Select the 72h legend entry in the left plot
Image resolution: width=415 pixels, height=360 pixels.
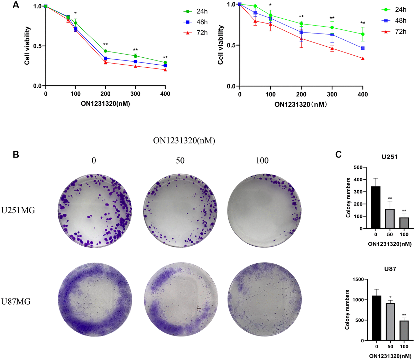tap(196, 33)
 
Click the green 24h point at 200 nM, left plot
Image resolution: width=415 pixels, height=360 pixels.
tap(105, 51)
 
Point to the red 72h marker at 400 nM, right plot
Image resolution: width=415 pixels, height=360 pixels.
tap(362, 59)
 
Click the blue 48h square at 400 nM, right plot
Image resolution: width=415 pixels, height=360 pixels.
tap(362, 48)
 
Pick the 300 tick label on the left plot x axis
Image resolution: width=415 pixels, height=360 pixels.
tap(135, 94)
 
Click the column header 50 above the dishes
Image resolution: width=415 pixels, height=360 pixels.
tap(180, 160)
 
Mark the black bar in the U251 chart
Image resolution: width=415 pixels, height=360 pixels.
tap(376, 207)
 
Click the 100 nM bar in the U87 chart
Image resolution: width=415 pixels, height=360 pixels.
tap(404, 331)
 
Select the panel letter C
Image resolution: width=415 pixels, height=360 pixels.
tap(339, 154)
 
